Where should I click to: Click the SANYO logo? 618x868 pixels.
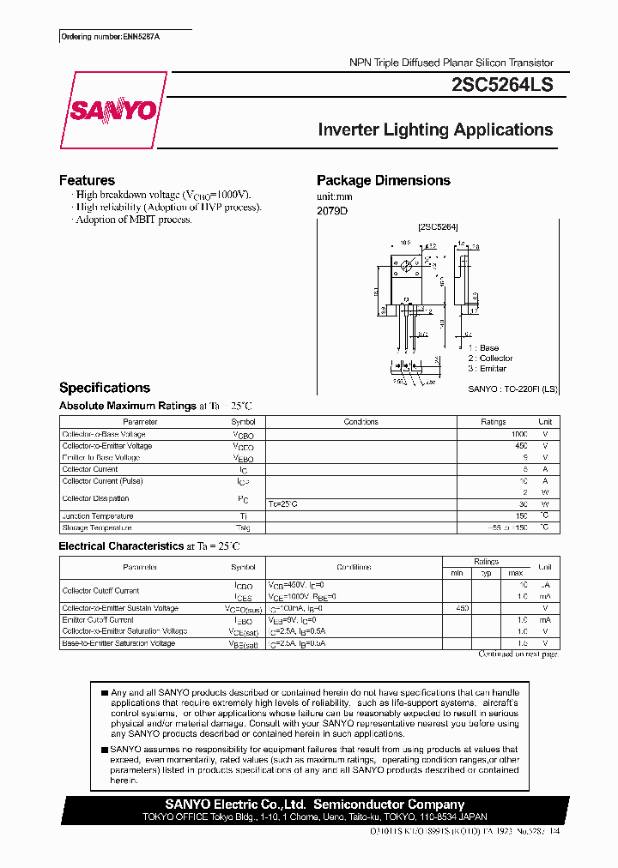(x=112, y=111)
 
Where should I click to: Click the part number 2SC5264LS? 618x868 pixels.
(x=502, y=86)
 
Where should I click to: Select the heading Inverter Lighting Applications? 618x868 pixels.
(x=435, y=130)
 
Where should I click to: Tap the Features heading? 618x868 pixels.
(x=87, y=180)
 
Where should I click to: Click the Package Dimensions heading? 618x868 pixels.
(x=384, y=180)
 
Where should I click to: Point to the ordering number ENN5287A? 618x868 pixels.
(x=111, y=37)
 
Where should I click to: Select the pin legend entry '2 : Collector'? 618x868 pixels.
(x=490, y=359)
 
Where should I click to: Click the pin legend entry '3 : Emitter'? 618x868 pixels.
(x=487, y=369)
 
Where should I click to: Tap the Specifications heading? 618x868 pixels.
(x=105, y=388)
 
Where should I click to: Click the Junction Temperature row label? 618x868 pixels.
(x=98, y=516)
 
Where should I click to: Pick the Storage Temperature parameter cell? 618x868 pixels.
(x=97, y=527)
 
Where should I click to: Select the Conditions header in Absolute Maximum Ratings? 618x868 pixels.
(x=360, y=422)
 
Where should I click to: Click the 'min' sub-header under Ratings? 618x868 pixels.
(x=457, y=573)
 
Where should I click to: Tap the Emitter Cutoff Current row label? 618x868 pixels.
(x=98, y=619)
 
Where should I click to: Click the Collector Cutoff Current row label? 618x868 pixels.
(x=100, y=591)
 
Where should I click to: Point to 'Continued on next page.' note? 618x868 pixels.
(x=518, y=654)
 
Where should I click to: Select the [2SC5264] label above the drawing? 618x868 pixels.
(x=438, y=227)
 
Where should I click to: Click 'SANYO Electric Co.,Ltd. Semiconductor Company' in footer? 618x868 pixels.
(x=315, y=805)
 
